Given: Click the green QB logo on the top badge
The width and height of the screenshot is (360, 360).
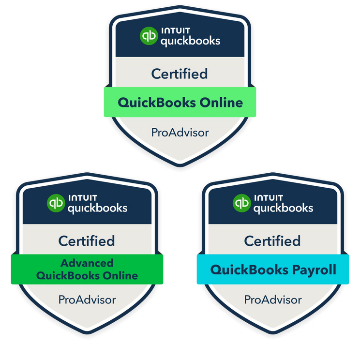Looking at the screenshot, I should (x=149, y=36).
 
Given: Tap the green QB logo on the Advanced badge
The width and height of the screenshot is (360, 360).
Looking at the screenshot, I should (x=56, y=203).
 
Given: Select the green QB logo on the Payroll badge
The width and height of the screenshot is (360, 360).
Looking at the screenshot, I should (x=241, y=203).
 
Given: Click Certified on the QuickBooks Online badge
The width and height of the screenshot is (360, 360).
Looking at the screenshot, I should (x=180, y=74).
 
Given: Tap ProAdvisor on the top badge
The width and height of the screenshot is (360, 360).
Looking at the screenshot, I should (x=180, y=132).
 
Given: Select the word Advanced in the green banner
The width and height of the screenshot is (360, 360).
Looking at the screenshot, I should (x=87, y=263).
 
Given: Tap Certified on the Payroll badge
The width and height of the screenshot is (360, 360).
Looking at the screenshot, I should (x=272, y=240).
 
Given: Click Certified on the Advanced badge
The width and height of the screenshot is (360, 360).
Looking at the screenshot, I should (x=87, y=240).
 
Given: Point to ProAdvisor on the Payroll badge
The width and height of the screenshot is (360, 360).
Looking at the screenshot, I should (x=273, y=300).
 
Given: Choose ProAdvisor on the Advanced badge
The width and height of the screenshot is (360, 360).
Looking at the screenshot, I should (x=87, y=300).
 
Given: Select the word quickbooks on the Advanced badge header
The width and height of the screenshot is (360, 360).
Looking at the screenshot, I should (x=97, y=208).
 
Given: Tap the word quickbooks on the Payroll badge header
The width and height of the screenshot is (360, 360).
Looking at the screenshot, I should (x=283, y=208).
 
